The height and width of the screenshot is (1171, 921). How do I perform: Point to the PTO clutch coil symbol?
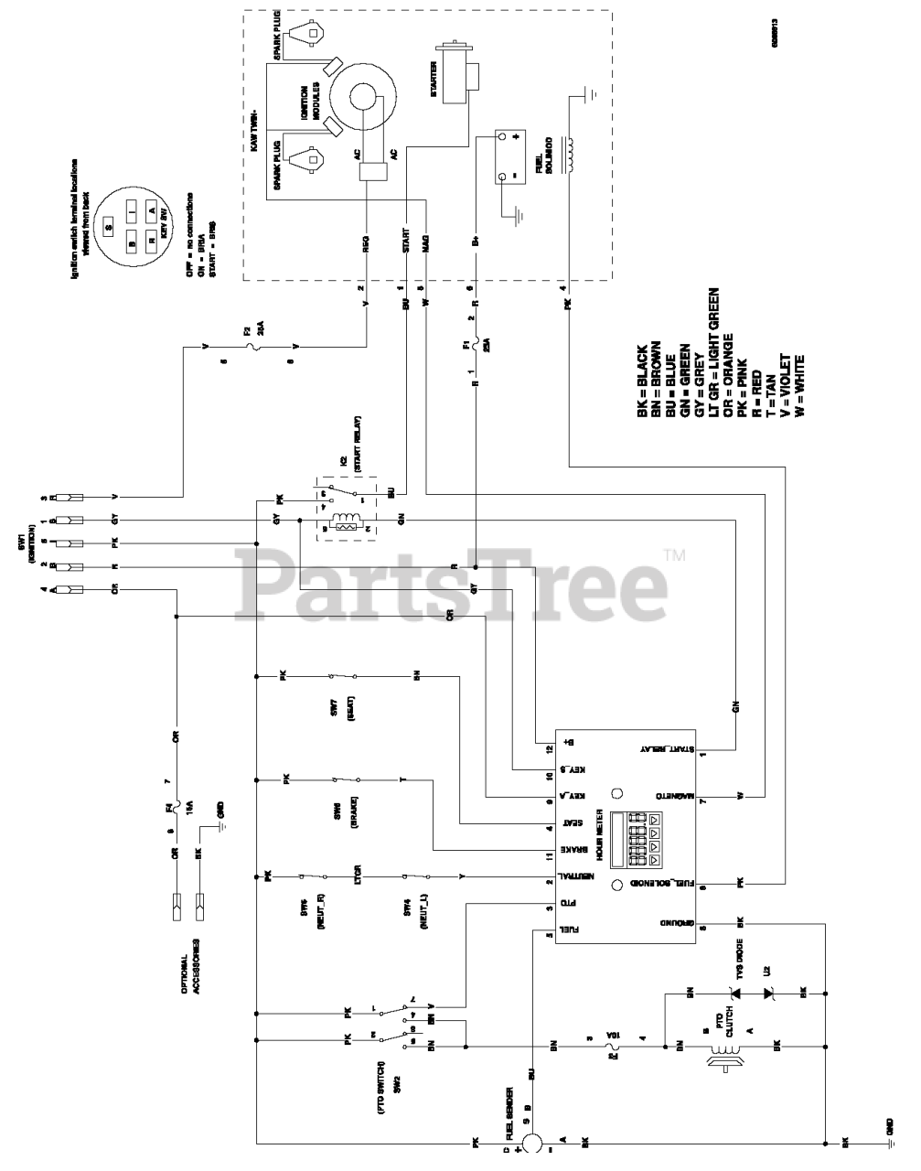tap(718, 1043)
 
